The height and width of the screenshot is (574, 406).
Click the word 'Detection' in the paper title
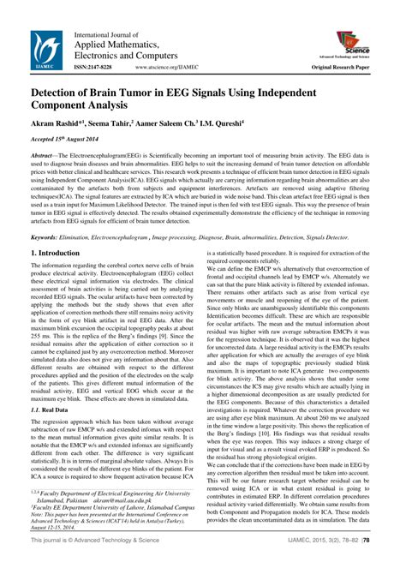[64, 89]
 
